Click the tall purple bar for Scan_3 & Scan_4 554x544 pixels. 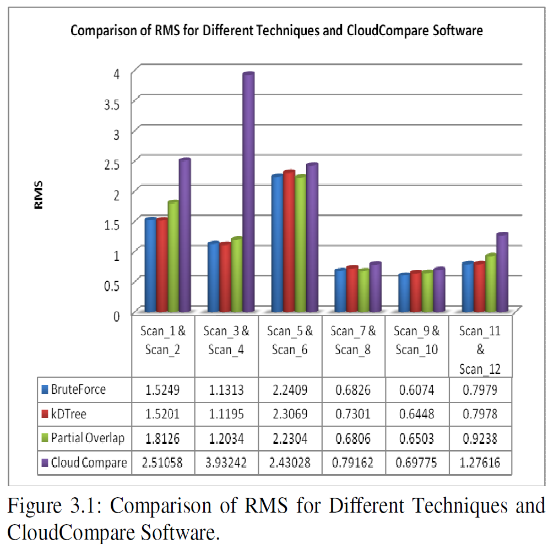(248, 193)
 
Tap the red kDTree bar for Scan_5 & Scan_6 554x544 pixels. (289, 242)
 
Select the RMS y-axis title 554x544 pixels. (39, 195)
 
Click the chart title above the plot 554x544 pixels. (276, 31)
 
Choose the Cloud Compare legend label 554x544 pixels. (88, 463)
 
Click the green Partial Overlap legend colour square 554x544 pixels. (45, 439)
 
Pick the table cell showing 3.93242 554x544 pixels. (227, 463)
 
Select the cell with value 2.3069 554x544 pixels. (290, 414)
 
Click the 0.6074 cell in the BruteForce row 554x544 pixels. (417, 390)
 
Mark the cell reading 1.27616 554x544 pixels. (480, 463)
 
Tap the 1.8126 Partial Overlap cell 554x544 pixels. (164, 438)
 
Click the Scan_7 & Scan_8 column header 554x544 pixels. (354, 340)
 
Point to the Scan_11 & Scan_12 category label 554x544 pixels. (480, 350)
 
